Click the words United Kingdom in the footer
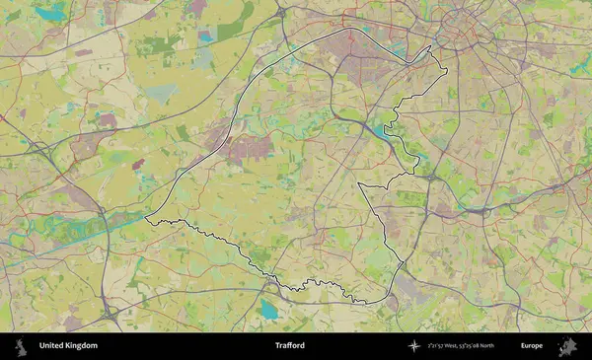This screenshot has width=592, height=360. pos(68,346)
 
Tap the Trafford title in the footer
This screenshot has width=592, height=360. pos(290,346)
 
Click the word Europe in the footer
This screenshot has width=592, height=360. pos(532,346)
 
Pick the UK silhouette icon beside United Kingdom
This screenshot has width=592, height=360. pos(21,346)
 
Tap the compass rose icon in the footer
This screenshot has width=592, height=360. pos(414,346)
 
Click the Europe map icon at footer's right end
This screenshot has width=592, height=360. pos(567,346)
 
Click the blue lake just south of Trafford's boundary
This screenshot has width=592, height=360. pos(269,310)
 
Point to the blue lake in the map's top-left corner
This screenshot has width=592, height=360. pos(52,12)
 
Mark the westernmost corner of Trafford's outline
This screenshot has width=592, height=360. pos(146,218)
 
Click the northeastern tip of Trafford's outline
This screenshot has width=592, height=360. pos(431,47)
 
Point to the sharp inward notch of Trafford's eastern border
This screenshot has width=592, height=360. pos(358,184)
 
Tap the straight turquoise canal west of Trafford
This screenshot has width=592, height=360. pos(99,233)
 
